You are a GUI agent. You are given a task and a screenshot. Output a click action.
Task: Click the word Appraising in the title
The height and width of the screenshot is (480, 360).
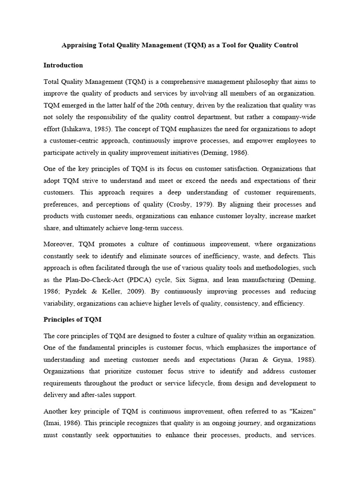(78, 45)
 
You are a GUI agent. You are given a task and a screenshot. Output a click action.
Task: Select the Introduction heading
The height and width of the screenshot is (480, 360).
(63, 65)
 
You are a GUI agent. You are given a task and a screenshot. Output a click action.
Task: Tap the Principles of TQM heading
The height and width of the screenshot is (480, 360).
(72, 319)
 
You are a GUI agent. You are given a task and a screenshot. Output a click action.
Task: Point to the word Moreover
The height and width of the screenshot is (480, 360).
(59, 244)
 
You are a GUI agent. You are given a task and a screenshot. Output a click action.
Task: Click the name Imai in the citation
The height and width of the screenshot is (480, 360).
(53, 423)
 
